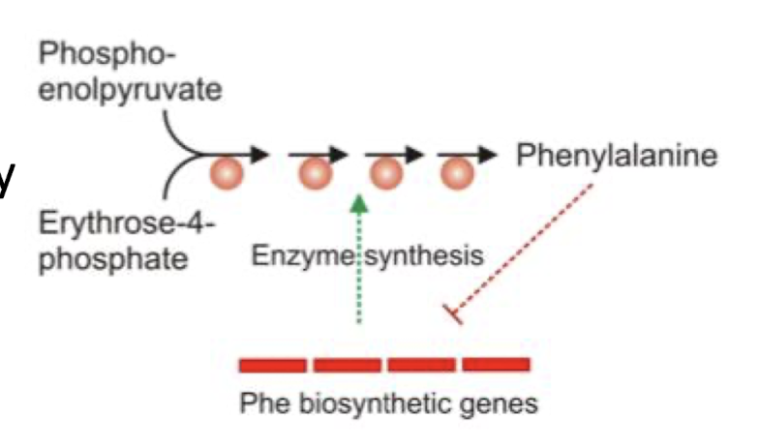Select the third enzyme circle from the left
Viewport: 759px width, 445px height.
(x=387, y=175)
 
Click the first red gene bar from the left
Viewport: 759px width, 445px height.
(x=273, y=364)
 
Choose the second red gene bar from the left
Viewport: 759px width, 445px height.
(x=347, y=364)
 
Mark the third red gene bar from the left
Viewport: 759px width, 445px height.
(x=421, y=364)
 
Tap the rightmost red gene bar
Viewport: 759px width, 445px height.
(x=496, y=364)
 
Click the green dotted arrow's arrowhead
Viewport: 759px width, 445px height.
(x=359, y=203)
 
